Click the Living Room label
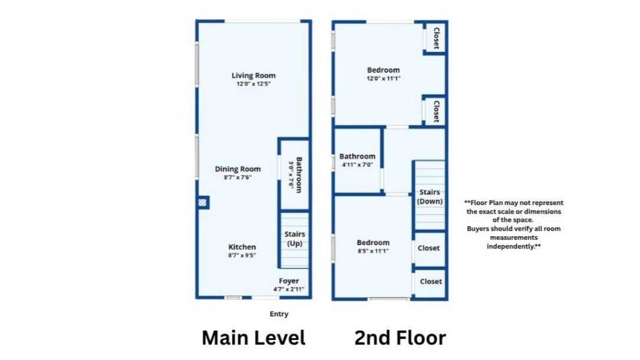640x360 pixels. (x=254, y=76)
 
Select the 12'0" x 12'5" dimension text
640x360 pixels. (x=254, y=84)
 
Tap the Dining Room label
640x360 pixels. (x=237, y=169)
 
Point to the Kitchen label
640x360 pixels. (x=242, y=247)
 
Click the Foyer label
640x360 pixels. (x=289, y=281)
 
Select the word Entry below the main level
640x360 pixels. (x=279, y=314)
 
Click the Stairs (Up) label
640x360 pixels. (x=294, y=239)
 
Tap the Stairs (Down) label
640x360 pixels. (x=430, y=197)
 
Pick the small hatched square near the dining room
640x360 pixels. (x=203, y=203)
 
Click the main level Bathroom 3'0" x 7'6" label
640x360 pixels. (x=295, y=175)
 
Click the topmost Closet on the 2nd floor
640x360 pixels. (x=436, y=39)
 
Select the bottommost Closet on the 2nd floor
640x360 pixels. (x=431, y=281)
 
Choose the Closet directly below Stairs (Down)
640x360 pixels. (x=429, y=248)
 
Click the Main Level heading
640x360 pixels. (x=253, y=338)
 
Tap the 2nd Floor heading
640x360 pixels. (x=400, y=338)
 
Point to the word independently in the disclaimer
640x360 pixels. (x=513, y=247)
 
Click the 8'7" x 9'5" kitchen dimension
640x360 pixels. (x=242, y=255)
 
